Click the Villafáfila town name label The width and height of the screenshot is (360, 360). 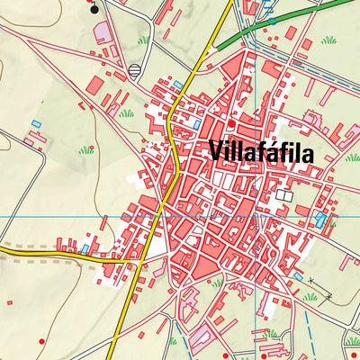261,152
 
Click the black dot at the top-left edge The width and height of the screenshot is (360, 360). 95,11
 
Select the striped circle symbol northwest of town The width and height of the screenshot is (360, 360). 135,71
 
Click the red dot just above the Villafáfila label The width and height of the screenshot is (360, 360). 231,124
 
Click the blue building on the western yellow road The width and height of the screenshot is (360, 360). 85,247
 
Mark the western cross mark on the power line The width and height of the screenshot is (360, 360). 310,282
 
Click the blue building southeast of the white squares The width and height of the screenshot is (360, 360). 320,219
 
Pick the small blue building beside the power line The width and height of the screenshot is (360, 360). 297,275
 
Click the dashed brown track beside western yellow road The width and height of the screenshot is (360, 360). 36,256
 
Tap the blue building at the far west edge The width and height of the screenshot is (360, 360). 35,122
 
